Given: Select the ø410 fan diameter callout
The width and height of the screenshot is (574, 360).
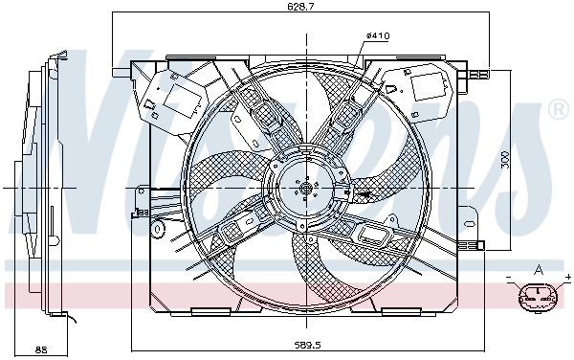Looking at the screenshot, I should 377,36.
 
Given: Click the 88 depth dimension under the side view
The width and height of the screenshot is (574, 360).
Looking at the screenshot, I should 40,349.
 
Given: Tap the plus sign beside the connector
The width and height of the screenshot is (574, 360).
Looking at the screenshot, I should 567,279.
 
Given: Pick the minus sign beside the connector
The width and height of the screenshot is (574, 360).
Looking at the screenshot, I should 509,279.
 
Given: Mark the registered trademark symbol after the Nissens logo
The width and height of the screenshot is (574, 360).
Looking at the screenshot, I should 557,112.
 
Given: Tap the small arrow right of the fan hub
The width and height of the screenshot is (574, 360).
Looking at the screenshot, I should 364,194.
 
